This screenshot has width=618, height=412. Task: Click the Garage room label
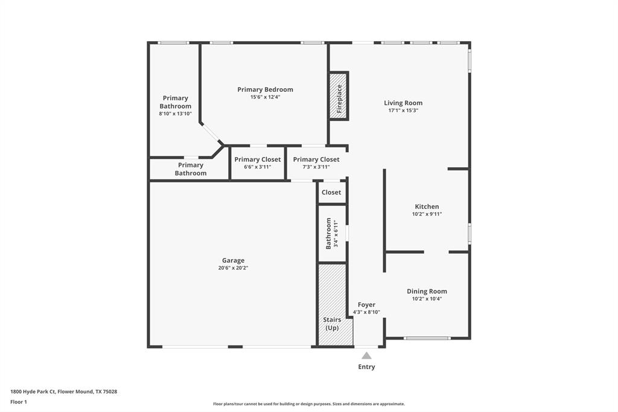[233, 260]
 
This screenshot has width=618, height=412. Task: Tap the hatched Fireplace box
[339, 95]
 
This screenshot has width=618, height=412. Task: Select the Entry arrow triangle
[366, 356]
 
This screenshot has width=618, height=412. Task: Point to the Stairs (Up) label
[332, 324]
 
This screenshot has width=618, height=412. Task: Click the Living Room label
[403, 103]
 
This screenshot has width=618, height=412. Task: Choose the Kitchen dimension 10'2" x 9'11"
[427, 214]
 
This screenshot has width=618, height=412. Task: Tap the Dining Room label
[427, 291]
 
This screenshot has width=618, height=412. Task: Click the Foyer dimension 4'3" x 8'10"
[366, 312]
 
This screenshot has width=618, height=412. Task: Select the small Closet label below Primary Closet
[331, 192]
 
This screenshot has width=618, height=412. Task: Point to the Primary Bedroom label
[265, 89]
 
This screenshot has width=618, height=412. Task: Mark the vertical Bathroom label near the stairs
[329, 233]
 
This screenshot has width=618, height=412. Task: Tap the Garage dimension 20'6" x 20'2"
[233, 268]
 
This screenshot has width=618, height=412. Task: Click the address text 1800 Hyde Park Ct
[63, 391]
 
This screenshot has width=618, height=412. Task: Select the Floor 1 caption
[19, 402]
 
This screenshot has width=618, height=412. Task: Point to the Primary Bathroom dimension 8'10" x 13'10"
[175, 114]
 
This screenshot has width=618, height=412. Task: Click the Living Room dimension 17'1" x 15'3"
[403, 111]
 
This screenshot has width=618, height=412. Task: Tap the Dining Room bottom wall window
[427, 338]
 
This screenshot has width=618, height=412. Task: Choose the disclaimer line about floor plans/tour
[308, 404]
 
